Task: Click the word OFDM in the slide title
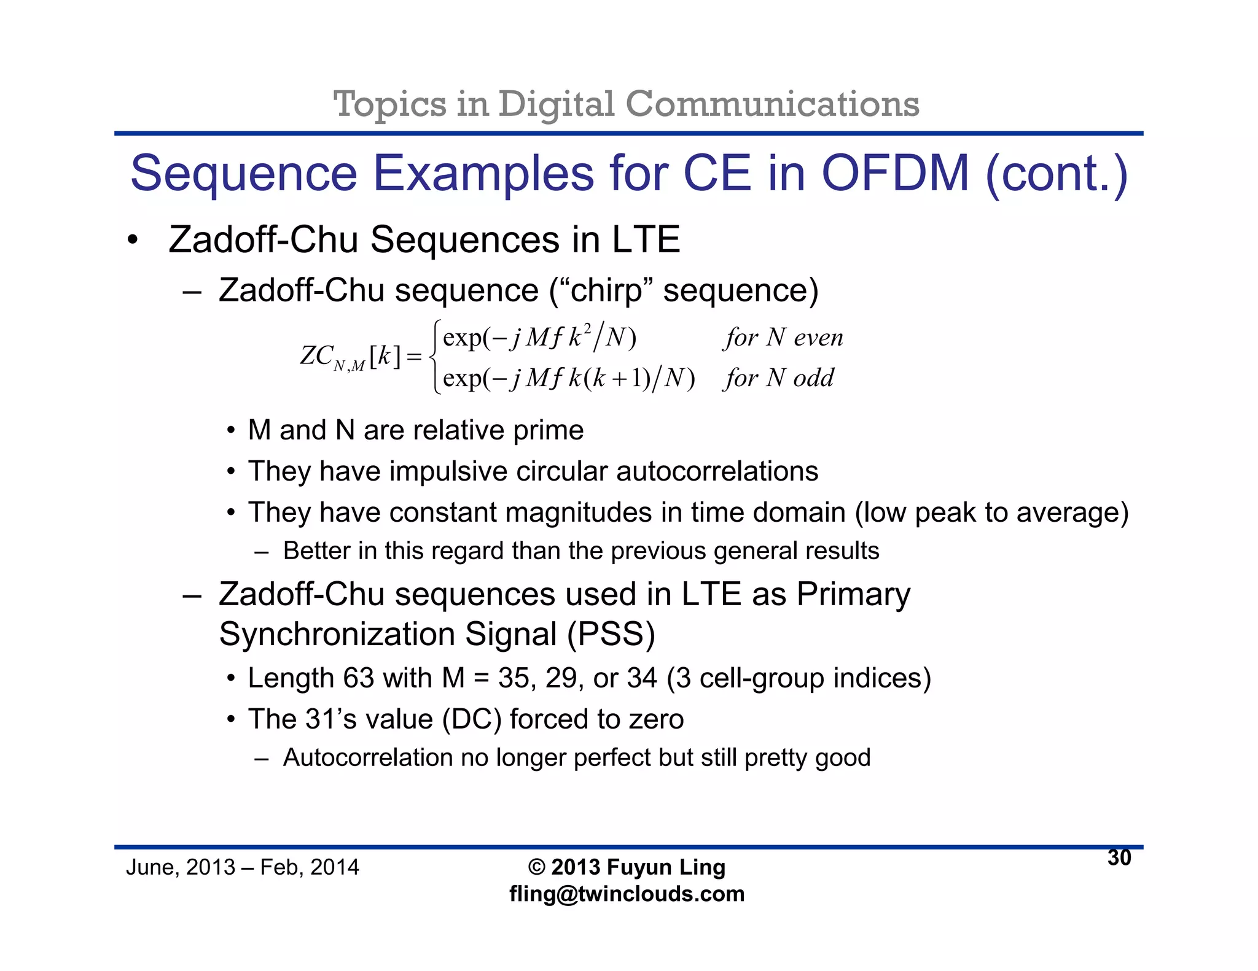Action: (895, 174)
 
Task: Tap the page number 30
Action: (1119, 858)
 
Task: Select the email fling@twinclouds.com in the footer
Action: (627, 894)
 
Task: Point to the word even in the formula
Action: (818, 338)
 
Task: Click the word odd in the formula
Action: (814, 378)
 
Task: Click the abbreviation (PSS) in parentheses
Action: (611, 634)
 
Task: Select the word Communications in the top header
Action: (772, 104)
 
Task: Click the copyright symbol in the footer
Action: (537, 867)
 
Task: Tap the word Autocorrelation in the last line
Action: (367, 758)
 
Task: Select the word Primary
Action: (853, 594)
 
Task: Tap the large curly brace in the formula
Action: (434, 357)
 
